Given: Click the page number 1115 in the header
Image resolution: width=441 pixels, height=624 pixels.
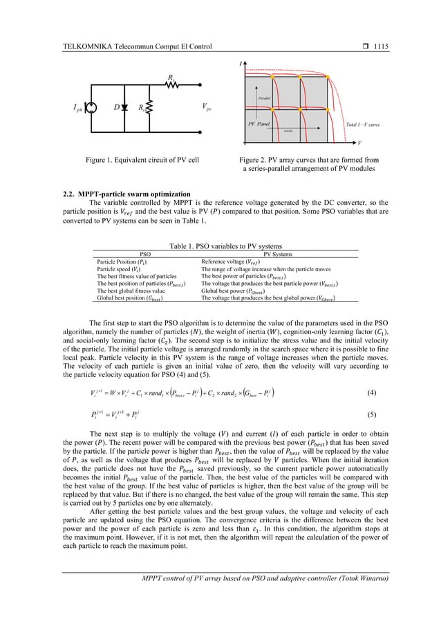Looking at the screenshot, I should [380, 46].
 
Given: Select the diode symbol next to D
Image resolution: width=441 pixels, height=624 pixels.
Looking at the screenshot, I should [124, 109].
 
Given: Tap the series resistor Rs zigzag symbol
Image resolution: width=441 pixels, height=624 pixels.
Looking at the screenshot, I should [171, 86].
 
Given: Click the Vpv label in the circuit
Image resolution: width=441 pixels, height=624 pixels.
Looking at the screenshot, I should [207, 107].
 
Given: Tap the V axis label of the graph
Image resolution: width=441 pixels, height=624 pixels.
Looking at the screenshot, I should [359, 143].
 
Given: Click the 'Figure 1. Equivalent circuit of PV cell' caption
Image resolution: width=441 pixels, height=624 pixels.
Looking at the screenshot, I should [142, 160].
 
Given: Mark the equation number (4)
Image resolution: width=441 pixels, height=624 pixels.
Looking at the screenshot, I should [371, 393].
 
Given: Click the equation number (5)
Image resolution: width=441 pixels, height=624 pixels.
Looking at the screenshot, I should [371, 417].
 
